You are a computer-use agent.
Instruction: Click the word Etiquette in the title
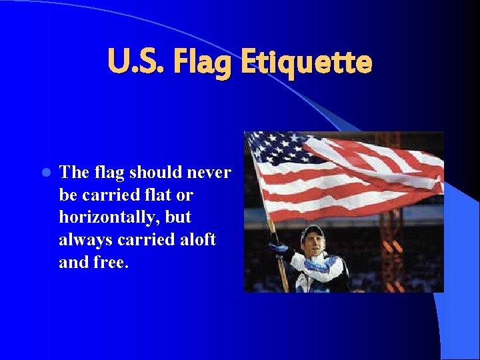[x=306, y=63]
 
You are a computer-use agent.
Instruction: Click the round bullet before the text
[x=45, y=173]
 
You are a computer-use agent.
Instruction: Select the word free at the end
[x=111, y=262]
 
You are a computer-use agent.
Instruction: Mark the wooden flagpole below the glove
[x=284, y=277]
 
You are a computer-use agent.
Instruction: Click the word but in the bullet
[x=179, y=217]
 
